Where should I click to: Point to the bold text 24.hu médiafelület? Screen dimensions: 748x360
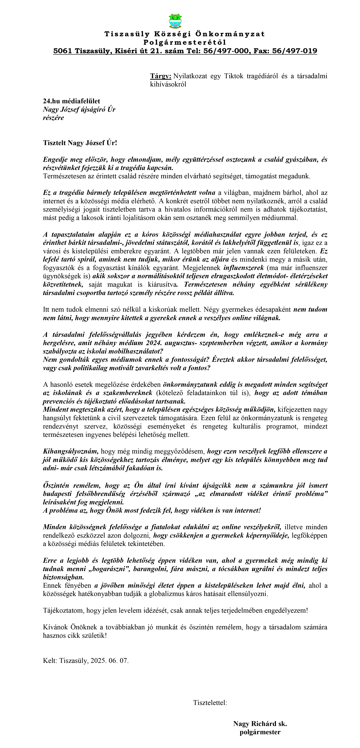coord(71,101)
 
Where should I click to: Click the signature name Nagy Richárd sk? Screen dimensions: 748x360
coord(260,724)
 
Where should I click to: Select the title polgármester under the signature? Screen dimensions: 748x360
coord(260,732)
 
